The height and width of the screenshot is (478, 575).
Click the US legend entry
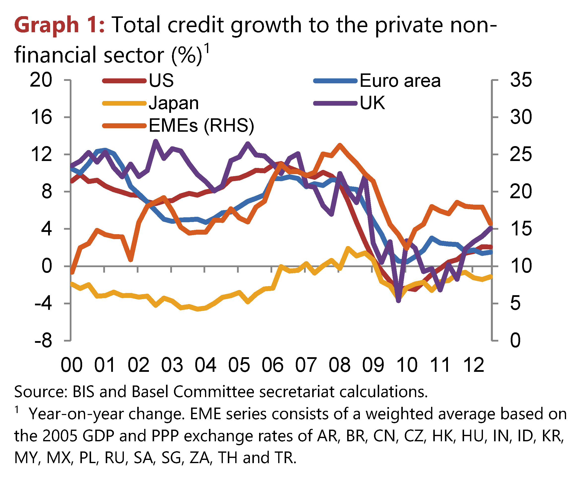point(161,80)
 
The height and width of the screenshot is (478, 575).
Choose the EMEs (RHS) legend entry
point(201,126)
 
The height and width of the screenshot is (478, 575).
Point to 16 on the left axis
point(41,117)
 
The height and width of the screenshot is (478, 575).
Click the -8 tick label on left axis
point(43,340)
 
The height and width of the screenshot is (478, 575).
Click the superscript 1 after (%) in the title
point(207,49)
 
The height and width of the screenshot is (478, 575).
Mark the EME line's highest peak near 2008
point(340,145)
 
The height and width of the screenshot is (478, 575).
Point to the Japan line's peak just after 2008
point(348,249)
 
